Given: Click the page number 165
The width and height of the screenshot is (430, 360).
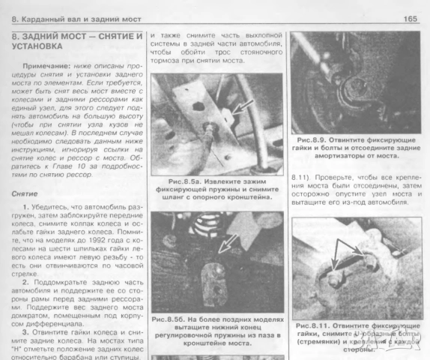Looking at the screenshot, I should pyautogui.click(x=410, y=18).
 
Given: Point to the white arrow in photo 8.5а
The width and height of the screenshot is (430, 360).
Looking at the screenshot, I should pyautogui.click(x=237, y=107).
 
